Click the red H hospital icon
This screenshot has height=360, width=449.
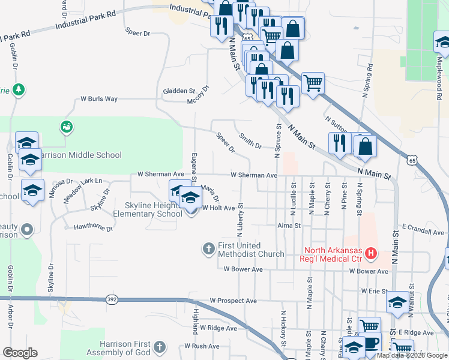[x=370, y=254]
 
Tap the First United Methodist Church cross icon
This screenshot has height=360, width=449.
[x=208, y=249]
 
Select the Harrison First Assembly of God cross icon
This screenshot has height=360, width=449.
[x=159, y=347]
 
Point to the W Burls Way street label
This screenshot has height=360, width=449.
[x=99, y=99]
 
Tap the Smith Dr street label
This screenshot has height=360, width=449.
[x=250, y=142]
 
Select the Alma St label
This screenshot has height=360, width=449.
[x=289, y=226]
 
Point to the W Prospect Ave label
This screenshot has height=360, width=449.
[x=233, y=301]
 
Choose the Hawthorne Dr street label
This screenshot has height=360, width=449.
[x=92, y=227]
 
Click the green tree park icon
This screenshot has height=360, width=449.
[x=19, y=89]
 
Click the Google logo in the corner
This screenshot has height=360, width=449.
[x=20, y=353]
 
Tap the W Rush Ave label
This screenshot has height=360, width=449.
[x=202, y=346]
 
